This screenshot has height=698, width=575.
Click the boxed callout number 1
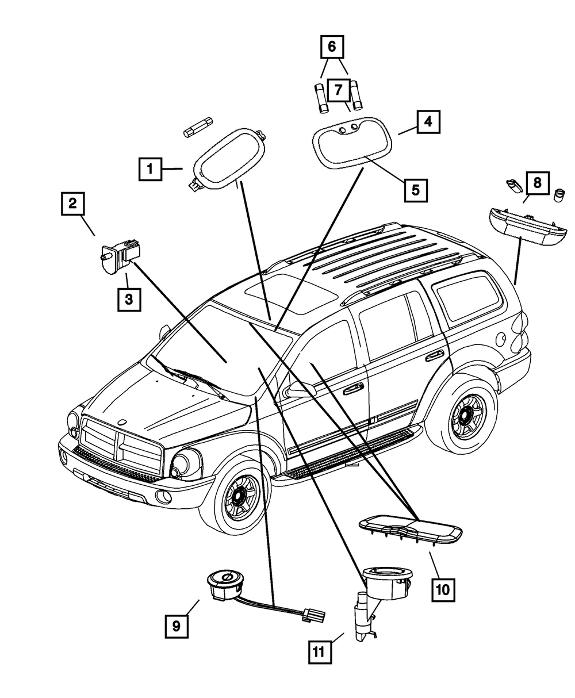tap(150, 169)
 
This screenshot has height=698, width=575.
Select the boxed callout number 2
tap(73, 204)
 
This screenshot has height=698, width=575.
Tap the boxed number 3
tap(129, 300)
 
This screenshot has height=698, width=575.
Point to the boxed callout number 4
tap(428, 122)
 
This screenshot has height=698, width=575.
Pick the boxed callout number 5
tap(416, 190)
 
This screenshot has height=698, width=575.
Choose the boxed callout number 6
tap(332, 47)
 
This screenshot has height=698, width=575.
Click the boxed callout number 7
tap(339, 90)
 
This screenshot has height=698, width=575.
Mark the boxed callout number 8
tap(538, 183)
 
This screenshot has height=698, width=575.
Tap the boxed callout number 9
tap(177, 626)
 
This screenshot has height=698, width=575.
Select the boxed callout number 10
tap(443, 562)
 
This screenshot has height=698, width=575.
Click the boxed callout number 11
tap(320, 651)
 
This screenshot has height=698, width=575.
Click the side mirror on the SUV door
tap(300, 389)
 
